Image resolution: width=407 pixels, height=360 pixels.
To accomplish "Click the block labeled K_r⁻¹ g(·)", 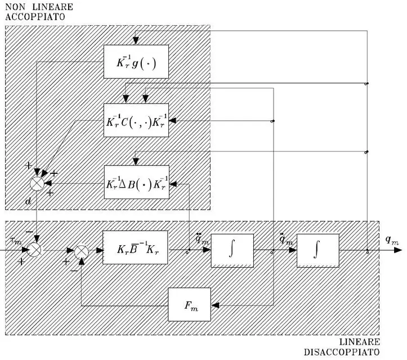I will point(136,62).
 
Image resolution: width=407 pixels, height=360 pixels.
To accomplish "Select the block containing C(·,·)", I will point(136,120).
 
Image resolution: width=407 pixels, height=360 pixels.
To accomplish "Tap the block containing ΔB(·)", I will point(136,182).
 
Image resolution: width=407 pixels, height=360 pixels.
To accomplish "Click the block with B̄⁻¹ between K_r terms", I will point(135,247).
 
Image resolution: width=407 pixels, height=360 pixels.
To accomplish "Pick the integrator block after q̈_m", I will point(232,250).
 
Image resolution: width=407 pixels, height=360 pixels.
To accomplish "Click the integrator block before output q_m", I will point(318,250).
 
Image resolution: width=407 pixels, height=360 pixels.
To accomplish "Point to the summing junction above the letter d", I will point(37,183).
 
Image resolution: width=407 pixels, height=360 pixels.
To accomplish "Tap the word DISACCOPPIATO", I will point(342,352).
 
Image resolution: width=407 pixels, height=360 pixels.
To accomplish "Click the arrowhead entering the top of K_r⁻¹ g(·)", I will point(136,42).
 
